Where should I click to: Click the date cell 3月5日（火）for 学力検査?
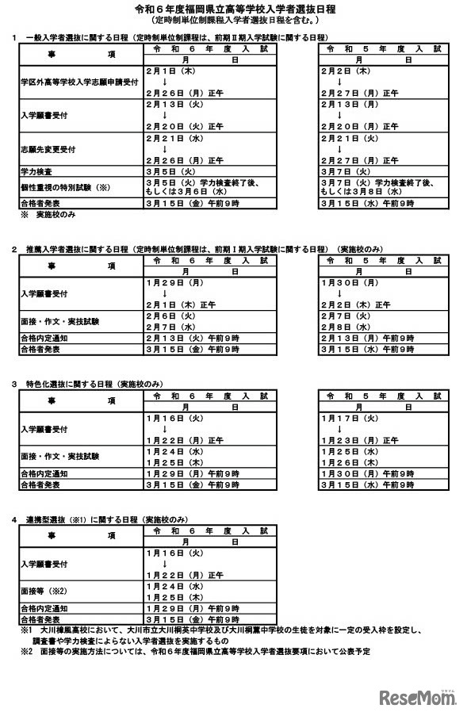click(170, 170)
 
